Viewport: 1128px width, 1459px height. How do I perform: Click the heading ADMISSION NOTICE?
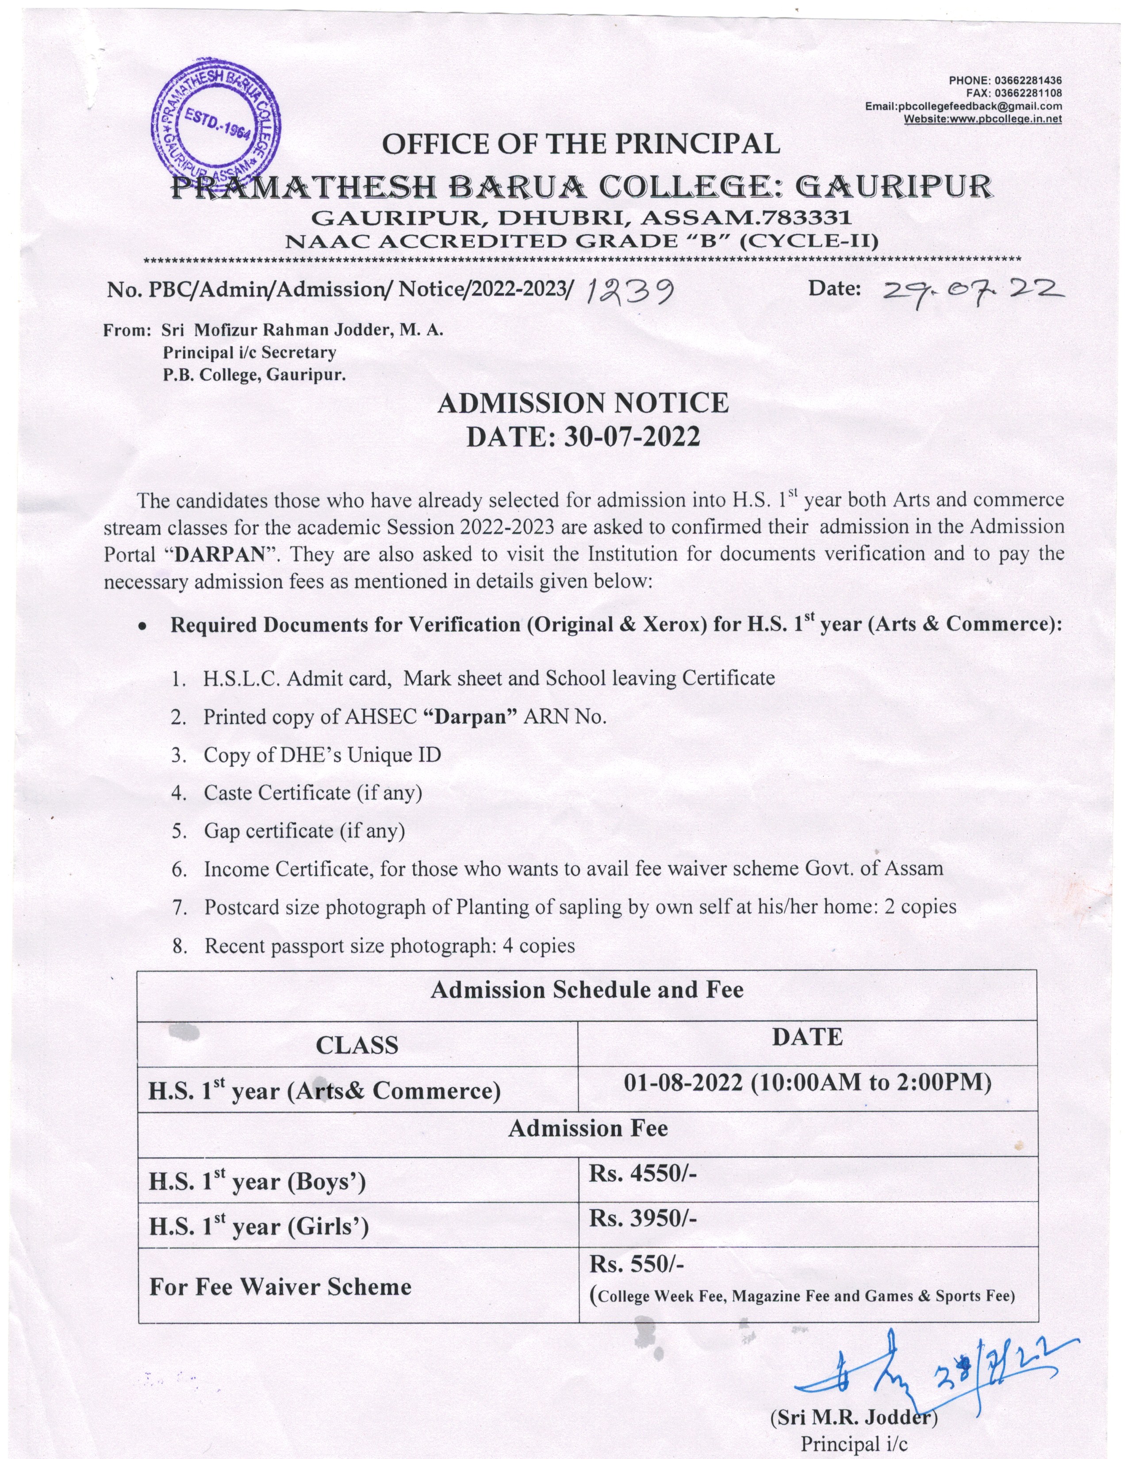583,404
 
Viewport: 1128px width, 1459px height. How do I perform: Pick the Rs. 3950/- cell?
642,1218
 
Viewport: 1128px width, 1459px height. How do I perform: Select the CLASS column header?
357,1045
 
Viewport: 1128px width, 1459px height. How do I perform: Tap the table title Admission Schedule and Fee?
587,989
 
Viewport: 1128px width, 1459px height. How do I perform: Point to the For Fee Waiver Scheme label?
280,1287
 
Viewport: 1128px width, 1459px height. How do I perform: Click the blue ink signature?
929,1363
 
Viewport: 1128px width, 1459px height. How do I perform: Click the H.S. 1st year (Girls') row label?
259,1226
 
